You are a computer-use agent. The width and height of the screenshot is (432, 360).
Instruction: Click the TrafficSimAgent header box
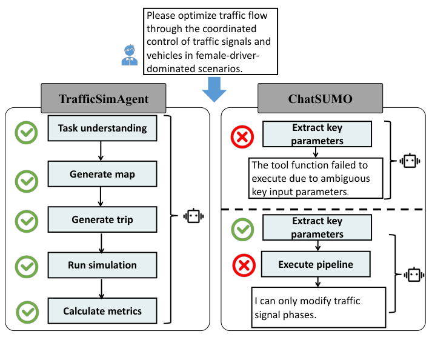[x=103, y=97]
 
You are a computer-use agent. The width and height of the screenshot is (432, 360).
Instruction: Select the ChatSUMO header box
[x=320, y=97]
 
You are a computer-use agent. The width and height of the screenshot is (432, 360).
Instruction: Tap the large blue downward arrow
[x=213, y=92]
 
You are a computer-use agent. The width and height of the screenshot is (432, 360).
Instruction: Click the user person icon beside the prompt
[x=130, y=55]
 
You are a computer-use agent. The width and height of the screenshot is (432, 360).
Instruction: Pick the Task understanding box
[x=102, y=128]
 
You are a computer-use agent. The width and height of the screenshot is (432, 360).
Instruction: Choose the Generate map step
[x=102, y=174]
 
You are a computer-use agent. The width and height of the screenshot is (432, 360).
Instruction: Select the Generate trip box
[x=102, y=219]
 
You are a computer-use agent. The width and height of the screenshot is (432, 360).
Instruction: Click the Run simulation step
[x=102, y=265]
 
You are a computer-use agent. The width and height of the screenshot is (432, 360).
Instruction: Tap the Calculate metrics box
[x=102, y=311]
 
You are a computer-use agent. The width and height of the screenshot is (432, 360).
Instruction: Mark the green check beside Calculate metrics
[x=26, y=311]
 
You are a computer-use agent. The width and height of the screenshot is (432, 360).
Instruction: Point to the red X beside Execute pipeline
[x=243, y=265]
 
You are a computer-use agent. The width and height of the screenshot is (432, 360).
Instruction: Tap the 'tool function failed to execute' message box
[x=316, y=178]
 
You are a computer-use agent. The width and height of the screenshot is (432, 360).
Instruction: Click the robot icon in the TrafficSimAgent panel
[x=194, y=216]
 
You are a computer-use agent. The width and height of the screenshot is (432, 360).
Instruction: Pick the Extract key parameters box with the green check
[x=318, y=228]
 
